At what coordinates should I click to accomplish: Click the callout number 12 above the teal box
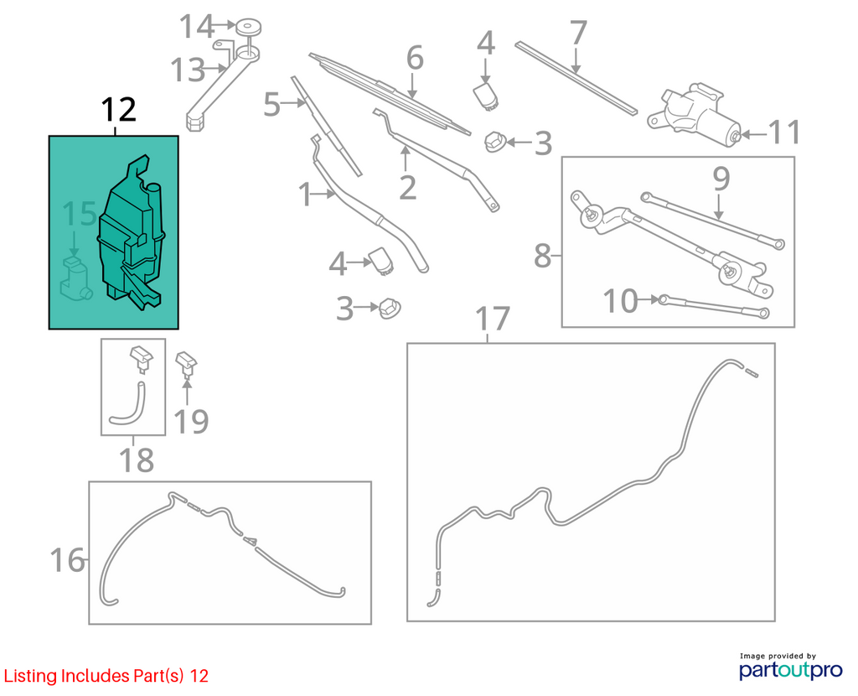tap(119, 110)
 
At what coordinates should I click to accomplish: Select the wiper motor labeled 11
tap(695, 114)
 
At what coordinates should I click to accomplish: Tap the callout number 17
tap(493, 319)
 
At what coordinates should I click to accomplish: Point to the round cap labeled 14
tap(248, 28)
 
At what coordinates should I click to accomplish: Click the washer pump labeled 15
tap(75, 278)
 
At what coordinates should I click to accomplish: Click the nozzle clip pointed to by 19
tap(186, 365)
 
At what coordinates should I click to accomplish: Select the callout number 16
tap(67, 560)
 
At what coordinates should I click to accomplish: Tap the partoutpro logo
tap(791, 667)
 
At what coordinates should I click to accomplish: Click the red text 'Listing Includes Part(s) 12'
tap(106, 676)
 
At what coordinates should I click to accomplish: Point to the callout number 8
tap(542, 256)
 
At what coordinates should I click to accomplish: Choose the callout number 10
tap(621, 301)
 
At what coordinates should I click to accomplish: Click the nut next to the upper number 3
tap(494, 141)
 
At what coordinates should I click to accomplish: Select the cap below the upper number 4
tap(486, 96)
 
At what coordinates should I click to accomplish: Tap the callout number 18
tap(137, 460)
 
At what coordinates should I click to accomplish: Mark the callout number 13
tap(188, 70)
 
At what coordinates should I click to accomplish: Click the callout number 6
tap(415, 58)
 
